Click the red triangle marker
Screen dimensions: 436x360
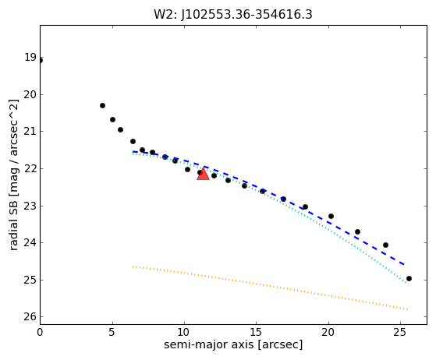click(x=203, y=175)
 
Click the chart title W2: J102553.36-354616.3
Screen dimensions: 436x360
click(x=233, y=15)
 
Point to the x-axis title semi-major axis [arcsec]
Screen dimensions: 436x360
click(x=233, y=344)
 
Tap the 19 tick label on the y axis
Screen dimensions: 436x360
click(x=30, y=58)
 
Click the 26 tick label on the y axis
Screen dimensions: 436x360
click(x=30, y=316)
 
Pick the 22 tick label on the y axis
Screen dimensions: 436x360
click(x=30, y=168)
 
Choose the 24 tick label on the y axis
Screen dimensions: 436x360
click(x=30, y=243)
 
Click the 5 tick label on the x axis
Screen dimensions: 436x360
click(x=112, y=332)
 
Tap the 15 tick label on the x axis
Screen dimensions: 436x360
click(x=257, y=332)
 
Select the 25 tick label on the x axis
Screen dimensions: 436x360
click(x=400, y=332)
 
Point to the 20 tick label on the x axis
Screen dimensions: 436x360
click(x=328, y=332)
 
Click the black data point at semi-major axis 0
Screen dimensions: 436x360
click(x=41, y=61)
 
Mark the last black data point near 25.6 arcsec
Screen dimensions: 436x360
click(x=409, y=279)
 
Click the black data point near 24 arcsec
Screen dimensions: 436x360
click(x=385, y=245)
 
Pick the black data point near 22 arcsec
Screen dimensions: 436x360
click(x=357, y=231)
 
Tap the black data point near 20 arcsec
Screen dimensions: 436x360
click(x=331, y=216)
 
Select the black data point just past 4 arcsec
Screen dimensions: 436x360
click(x=102, y=105)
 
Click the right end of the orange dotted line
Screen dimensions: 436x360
click(x=408, y=309)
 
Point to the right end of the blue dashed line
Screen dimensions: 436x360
click(x=404, y=264)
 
